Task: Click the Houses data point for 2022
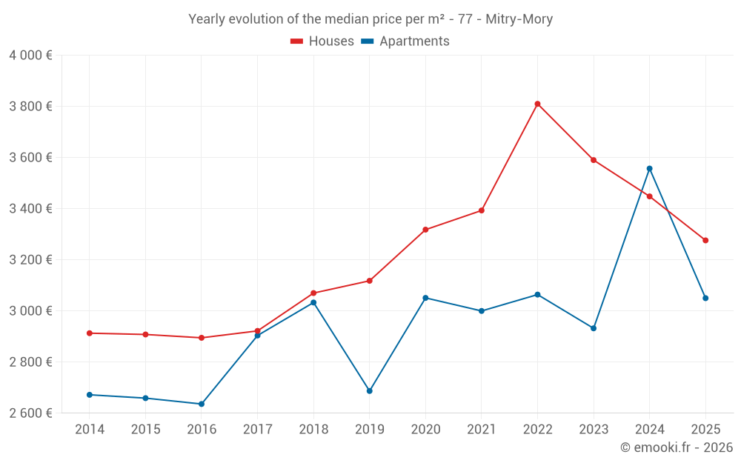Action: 537,104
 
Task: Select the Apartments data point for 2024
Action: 649,169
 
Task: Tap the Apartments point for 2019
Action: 369,390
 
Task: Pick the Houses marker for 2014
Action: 90,333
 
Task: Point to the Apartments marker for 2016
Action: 202,404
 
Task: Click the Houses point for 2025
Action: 705,240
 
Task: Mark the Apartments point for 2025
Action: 705,298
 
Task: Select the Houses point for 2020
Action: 425,230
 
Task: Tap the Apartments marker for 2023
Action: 594,328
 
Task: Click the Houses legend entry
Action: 322,41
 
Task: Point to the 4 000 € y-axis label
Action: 31,56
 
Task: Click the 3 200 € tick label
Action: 31,260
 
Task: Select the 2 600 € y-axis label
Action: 31,413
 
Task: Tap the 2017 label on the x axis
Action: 257,430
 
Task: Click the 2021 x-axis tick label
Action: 482,430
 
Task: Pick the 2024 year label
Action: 649,430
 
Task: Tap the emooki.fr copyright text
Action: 677,447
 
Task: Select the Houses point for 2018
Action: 313,293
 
